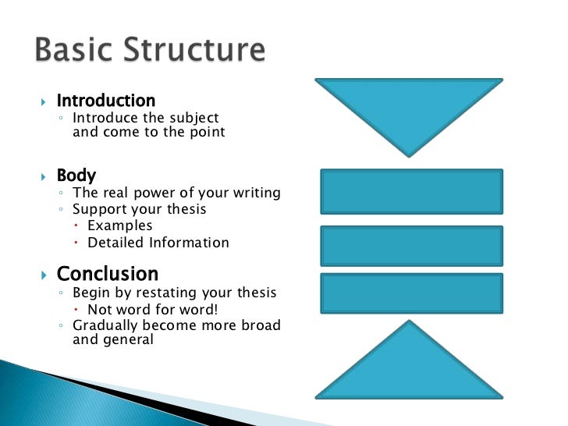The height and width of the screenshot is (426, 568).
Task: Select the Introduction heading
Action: pyautogui.click(x=106, y=101)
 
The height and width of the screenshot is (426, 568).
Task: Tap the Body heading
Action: pyautogui.click(x=76, y=176)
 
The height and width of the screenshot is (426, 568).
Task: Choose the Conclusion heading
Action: pyautogui.click(x=108, y=274)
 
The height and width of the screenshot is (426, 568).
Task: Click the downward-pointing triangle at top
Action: pyautogui.click(x=409, y=109)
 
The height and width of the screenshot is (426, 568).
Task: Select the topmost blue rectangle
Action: pyautogui.click(x=412, y=192)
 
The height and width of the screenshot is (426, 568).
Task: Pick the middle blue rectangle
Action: pyautogui.click(x=412, y=246)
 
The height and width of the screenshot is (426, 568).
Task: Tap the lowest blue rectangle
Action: pyautogui.click(x=412, y=293)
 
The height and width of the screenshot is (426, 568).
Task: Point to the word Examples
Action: pyautogui.click(x=120, y=225)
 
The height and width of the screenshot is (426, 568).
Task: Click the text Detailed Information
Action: pyautogui.click(x=158, y=243)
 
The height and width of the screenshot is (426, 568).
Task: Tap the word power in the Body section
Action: pyautogui.click(x=158, y=193)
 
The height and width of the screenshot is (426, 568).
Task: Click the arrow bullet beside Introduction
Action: pyautogui.click(x=44, y=102)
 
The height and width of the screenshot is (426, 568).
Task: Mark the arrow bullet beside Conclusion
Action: pyautogui.click(x=44, y=275)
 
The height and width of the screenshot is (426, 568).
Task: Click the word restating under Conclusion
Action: pyautogui.click(x=158, y=293)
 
